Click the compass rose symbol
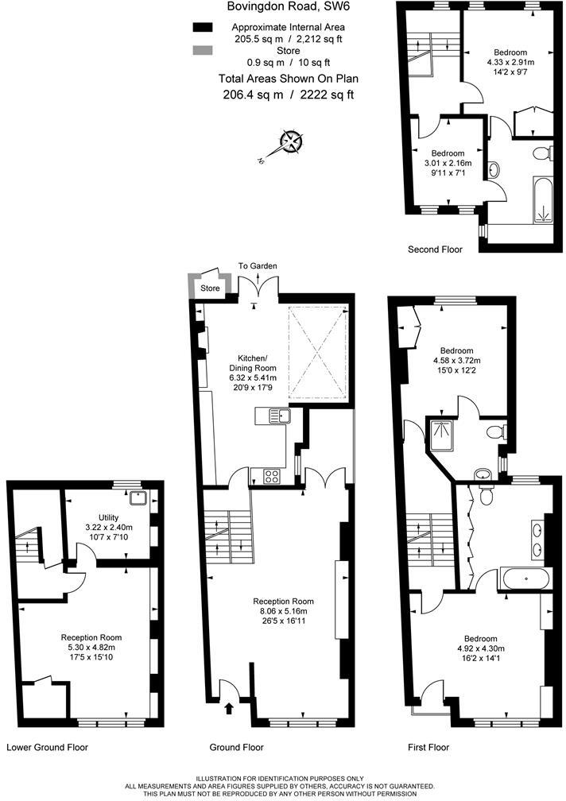(x=293, y=143)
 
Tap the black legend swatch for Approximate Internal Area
(x=204, y=27)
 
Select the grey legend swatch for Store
(x=204, y=51)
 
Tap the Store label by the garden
(x=210, y=288)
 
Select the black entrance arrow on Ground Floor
(x=231, y=707)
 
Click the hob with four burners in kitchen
(x=269, y=476)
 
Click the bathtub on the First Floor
(x=523, y=578)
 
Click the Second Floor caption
(x=435, y=250)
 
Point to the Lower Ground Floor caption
(x=47, y=747)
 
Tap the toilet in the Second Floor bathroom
(x=541, y=153)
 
